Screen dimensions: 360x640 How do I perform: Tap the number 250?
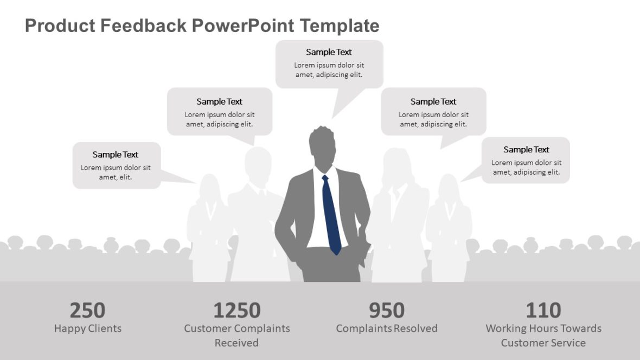(x=87, y=311)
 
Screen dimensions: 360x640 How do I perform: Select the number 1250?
(x=236, y=311)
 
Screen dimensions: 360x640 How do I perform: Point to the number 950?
(x=387, y=311)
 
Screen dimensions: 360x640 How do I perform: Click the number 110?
(x=543, y=311)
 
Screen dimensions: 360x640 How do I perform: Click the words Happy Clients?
(x=87, y=329)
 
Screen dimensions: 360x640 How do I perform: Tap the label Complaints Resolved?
(x=387, y=329)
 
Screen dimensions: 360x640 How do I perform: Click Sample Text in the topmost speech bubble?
(x=329, y=52)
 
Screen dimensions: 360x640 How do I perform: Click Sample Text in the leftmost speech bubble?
(x=115, y=155)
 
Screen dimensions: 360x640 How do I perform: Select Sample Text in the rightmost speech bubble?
(x=526, y=150)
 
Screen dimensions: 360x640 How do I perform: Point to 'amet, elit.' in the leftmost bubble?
(x=115, y=177)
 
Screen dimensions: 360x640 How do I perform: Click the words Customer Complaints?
(x=236, y=329)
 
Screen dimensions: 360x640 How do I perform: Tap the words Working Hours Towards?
(x=543, y=329)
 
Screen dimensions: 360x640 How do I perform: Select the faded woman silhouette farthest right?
(x=449, y=228)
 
